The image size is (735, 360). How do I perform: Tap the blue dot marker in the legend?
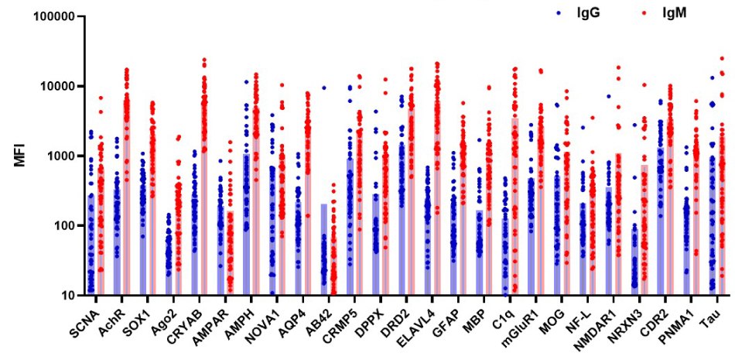tap(559, 13)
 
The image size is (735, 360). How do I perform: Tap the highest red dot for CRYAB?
tap(204, 59)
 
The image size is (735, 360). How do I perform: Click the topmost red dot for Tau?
tap(722, 58)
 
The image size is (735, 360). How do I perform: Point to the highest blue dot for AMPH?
tap(246, 82)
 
